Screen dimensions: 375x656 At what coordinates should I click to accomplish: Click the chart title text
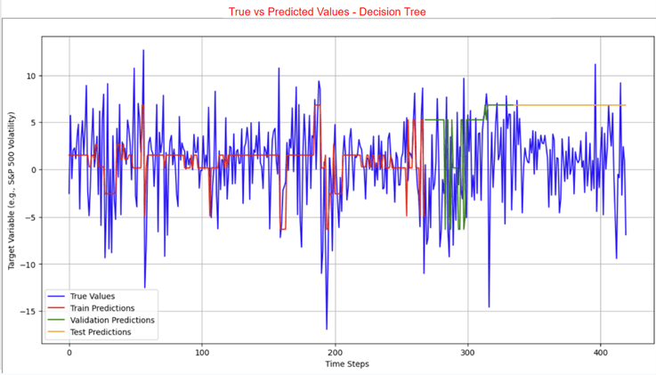pos(328,12)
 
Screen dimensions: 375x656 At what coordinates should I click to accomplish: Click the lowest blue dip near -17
pos(327,329)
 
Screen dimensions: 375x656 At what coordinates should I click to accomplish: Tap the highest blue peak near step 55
pos(142,51)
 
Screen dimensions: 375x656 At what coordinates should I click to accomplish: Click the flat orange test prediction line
pos(570,105)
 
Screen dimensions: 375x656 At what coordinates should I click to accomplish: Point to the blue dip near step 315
pos(489,306)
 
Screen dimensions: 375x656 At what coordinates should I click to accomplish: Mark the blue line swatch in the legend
pos(60,297)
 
